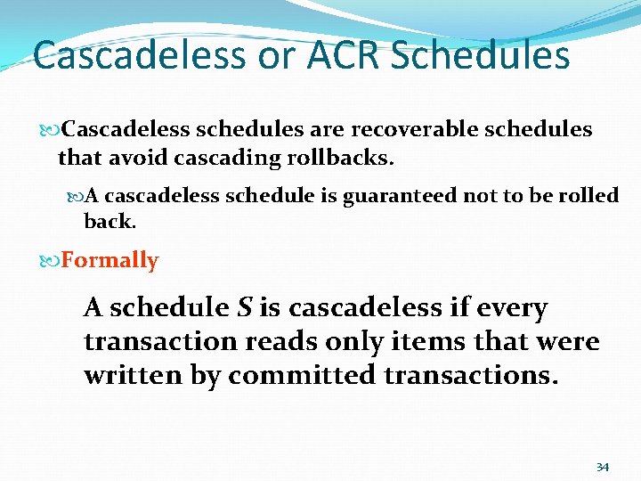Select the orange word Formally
[110, 261]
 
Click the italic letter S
[245, 308]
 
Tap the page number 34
[602, 468]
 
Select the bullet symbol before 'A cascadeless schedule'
[76, 195]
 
